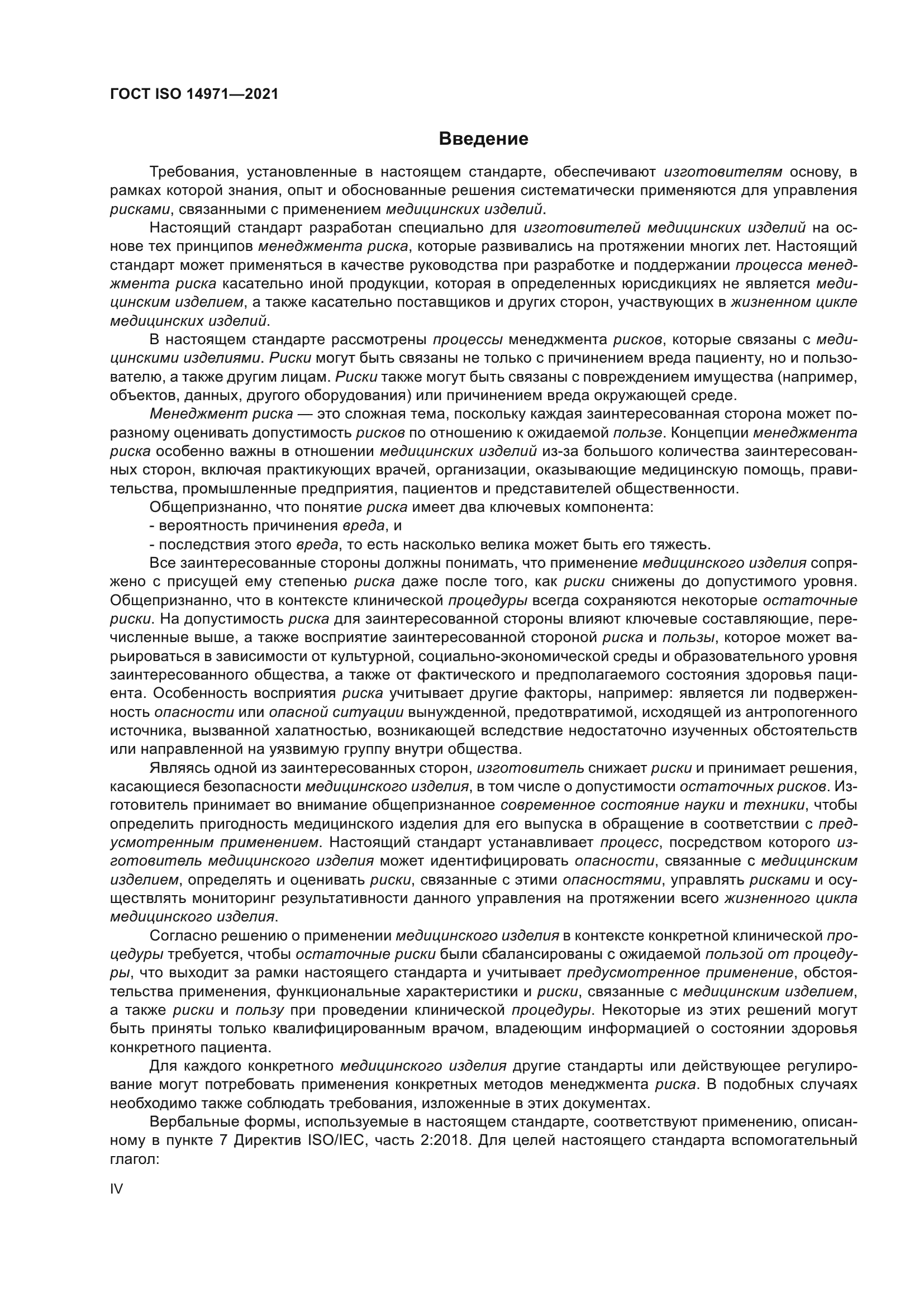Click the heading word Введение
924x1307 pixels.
click(x=483, y=139)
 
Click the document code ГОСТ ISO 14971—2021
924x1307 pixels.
click(x=194, y=94)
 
